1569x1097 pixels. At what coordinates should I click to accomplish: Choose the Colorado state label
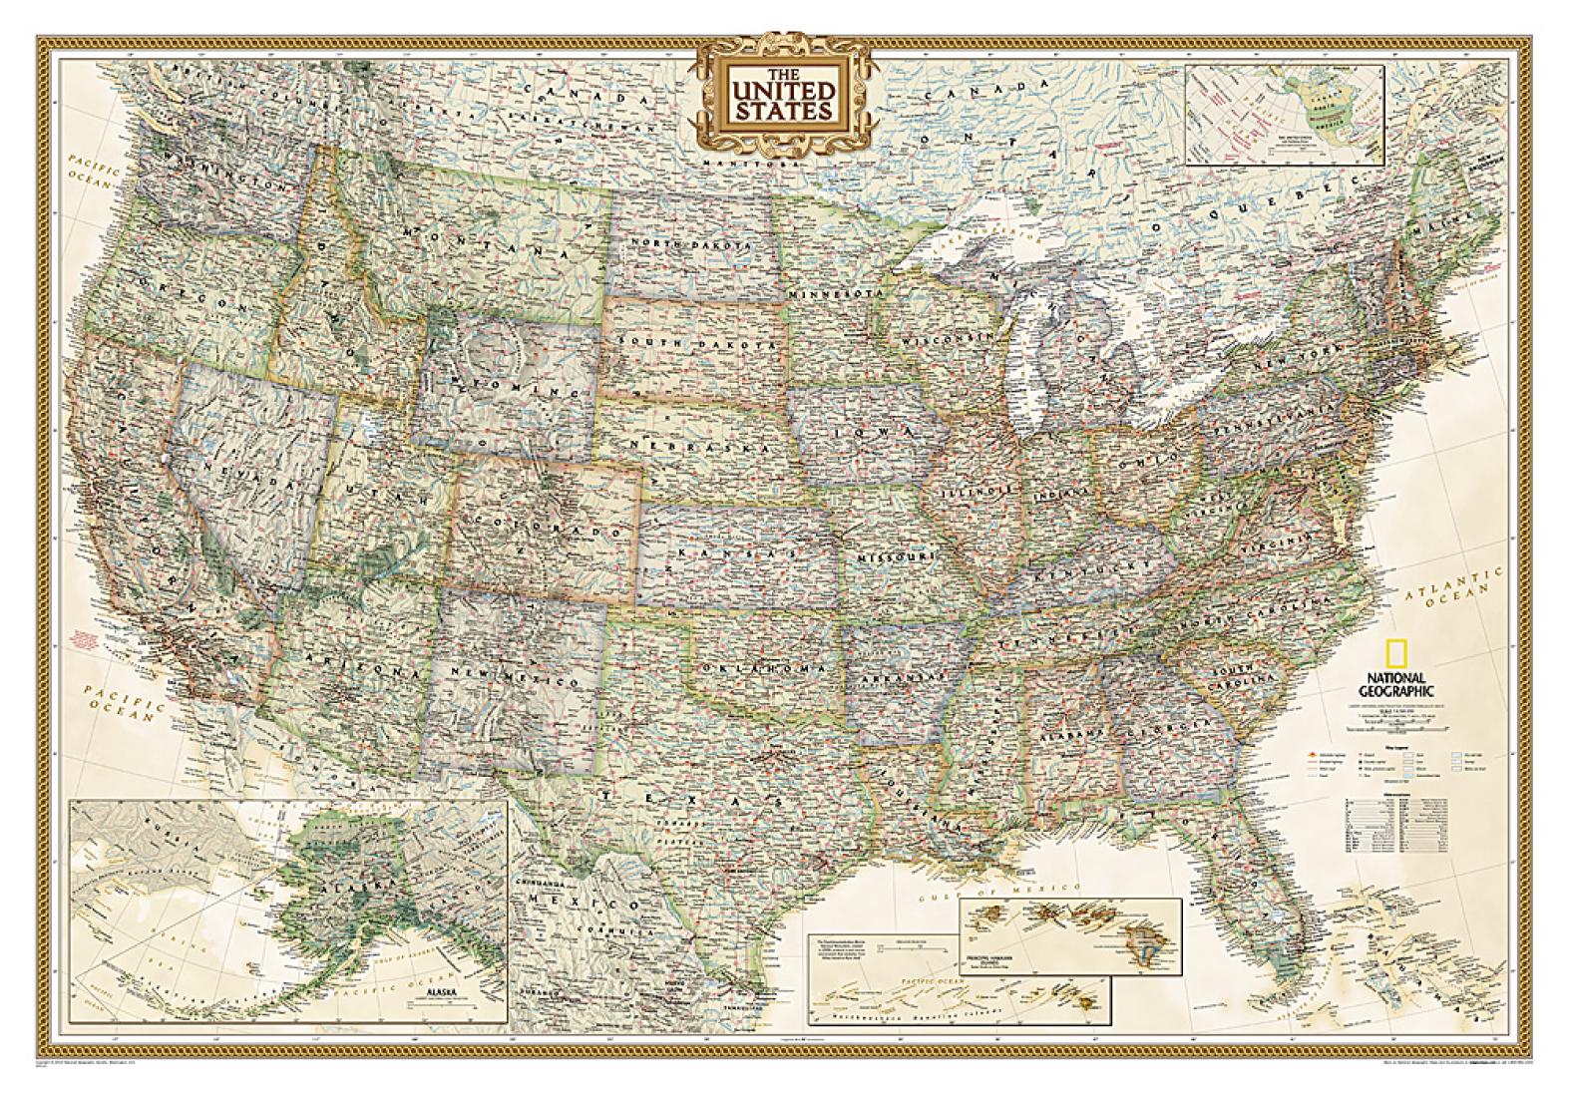point(540,524)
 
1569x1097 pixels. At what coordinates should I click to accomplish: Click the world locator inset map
point(1284,114)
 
